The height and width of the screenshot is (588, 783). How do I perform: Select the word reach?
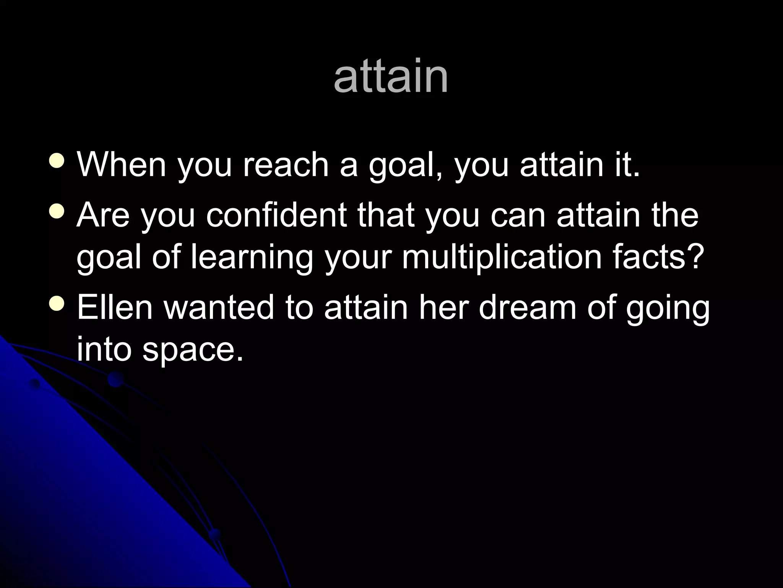point(286,165)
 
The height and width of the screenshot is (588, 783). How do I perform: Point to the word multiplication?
point(501,257)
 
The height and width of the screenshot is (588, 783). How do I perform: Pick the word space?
point(193,349)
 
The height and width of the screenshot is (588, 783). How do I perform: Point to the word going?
point(668,308)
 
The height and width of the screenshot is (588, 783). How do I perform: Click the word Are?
point(103,215)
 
